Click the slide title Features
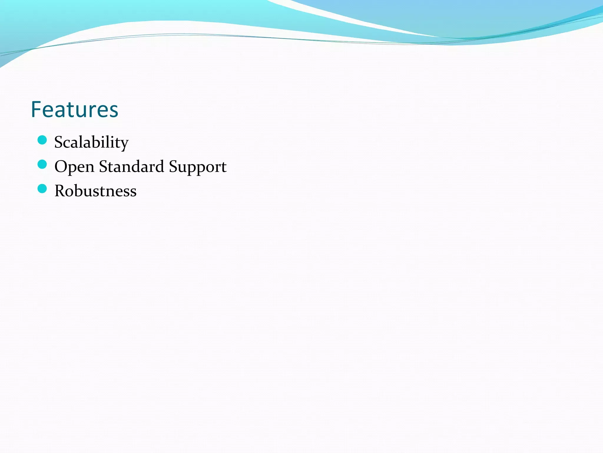pos(74,109)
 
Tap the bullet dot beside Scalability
pos(42,140)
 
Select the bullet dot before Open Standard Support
pos(42,164)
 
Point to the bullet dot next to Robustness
pos(42,189)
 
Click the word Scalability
pos(91,142)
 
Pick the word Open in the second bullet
pos(74,167)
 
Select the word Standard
pos(131,166)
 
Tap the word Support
pos(198,167)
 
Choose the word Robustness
pos(95,191)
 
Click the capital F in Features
pos(36,109)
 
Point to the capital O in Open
pos(61,166)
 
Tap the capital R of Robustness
pos(61,191)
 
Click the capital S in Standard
pos(103,166)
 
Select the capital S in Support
pos(173,166)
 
